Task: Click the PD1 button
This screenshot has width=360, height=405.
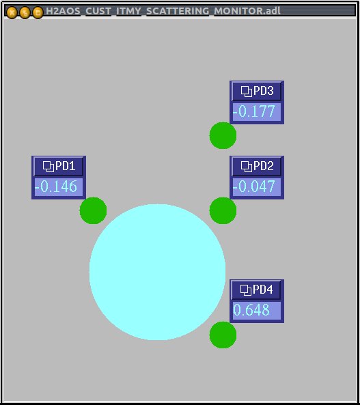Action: point(59,166)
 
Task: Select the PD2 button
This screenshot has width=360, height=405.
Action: point(257,166)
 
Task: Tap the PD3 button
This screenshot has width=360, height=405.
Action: point(257,92)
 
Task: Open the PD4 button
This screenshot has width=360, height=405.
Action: point(257,290)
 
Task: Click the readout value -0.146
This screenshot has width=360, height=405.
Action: point(56,186)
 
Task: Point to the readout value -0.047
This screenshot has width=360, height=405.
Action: point(254,186)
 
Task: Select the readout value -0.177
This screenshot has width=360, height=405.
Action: point(254,111)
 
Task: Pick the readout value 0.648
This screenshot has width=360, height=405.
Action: point(251,310)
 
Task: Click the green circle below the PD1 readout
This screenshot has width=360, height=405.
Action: point(94,210)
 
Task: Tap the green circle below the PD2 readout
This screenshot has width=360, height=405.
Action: point(223,210)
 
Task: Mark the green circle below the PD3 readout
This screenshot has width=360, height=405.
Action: point(223,136)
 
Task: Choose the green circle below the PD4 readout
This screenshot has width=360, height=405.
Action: point(223,335)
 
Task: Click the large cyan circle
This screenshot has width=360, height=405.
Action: point(157,273)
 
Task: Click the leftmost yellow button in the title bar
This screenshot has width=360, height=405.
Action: point(12,12)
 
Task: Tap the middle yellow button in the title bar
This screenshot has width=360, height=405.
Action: point(25,12)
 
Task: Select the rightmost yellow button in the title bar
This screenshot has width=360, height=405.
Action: point(38,12)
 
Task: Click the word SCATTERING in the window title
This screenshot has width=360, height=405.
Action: point(178,12)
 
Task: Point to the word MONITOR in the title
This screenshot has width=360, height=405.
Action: point(238,12)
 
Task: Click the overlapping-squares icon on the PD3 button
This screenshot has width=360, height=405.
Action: point(247,92)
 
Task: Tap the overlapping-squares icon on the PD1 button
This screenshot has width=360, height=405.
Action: point(49,167)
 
